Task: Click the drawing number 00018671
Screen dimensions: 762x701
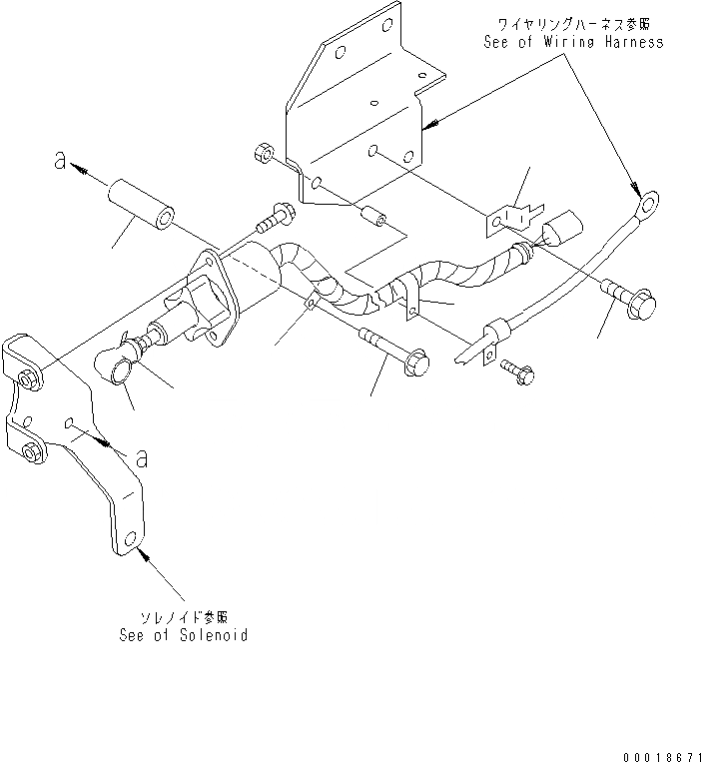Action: pos(653,747)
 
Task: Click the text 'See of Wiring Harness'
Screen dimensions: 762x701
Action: pos(573,43)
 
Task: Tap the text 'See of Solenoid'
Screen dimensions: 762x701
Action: pos(183,635)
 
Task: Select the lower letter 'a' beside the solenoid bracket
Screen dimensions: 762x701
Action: pos(143,457)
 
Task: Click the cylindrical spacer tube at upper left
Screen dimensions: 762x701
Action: pos(141,204)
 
